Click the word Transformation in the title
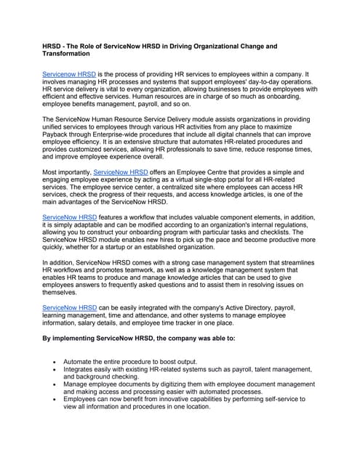[70, 54]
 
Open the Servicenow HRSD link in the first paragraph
[69, 75]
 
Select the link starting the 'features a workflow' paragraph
[69, 217]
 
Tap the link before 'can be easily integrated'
[69, 309]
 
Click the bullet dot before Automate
[57, 361]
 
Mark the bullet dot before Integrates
[57, 369]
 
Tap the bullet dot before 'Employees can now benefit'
[57, 399]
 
